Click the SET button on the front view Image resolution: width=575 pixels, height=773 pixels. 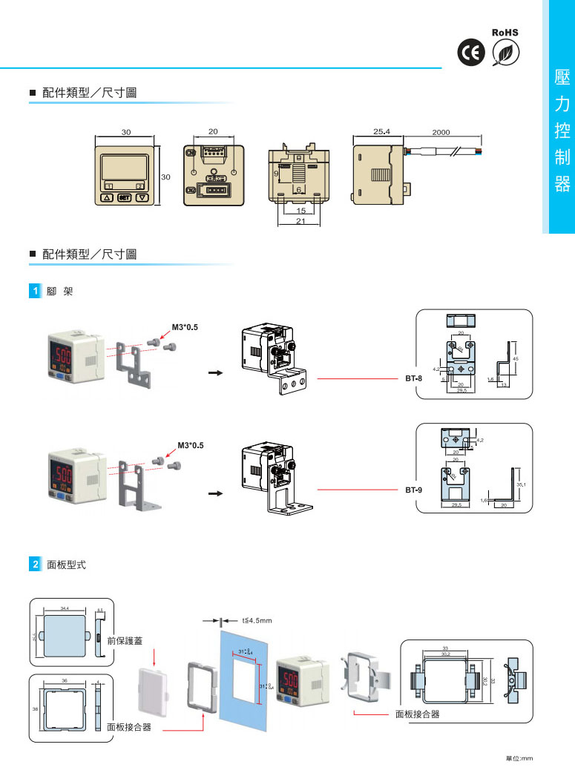(x=124, y=198)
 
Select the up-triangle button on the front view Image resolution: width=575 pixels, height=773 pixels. (x=107, y=198)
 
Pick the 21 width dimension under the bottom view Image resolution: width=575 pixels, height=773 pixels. (x=300, y=221)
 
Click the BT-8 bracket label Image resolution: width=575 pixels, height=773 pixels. (x=413, y=378)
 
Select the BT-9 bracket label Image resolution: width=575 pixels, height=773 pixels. (x=413, y=490)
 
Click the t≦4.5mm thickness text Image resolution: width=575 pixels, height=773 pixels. (x=257, y=620)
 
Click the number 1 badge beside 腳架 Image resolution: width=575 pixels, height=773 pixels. (x=33, y=292)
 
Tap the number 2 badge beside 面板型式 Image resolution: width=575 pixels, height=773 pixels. (x=33, y=565)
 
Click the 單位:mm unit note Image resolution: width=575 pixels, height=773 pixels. (x=519, y=758)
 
